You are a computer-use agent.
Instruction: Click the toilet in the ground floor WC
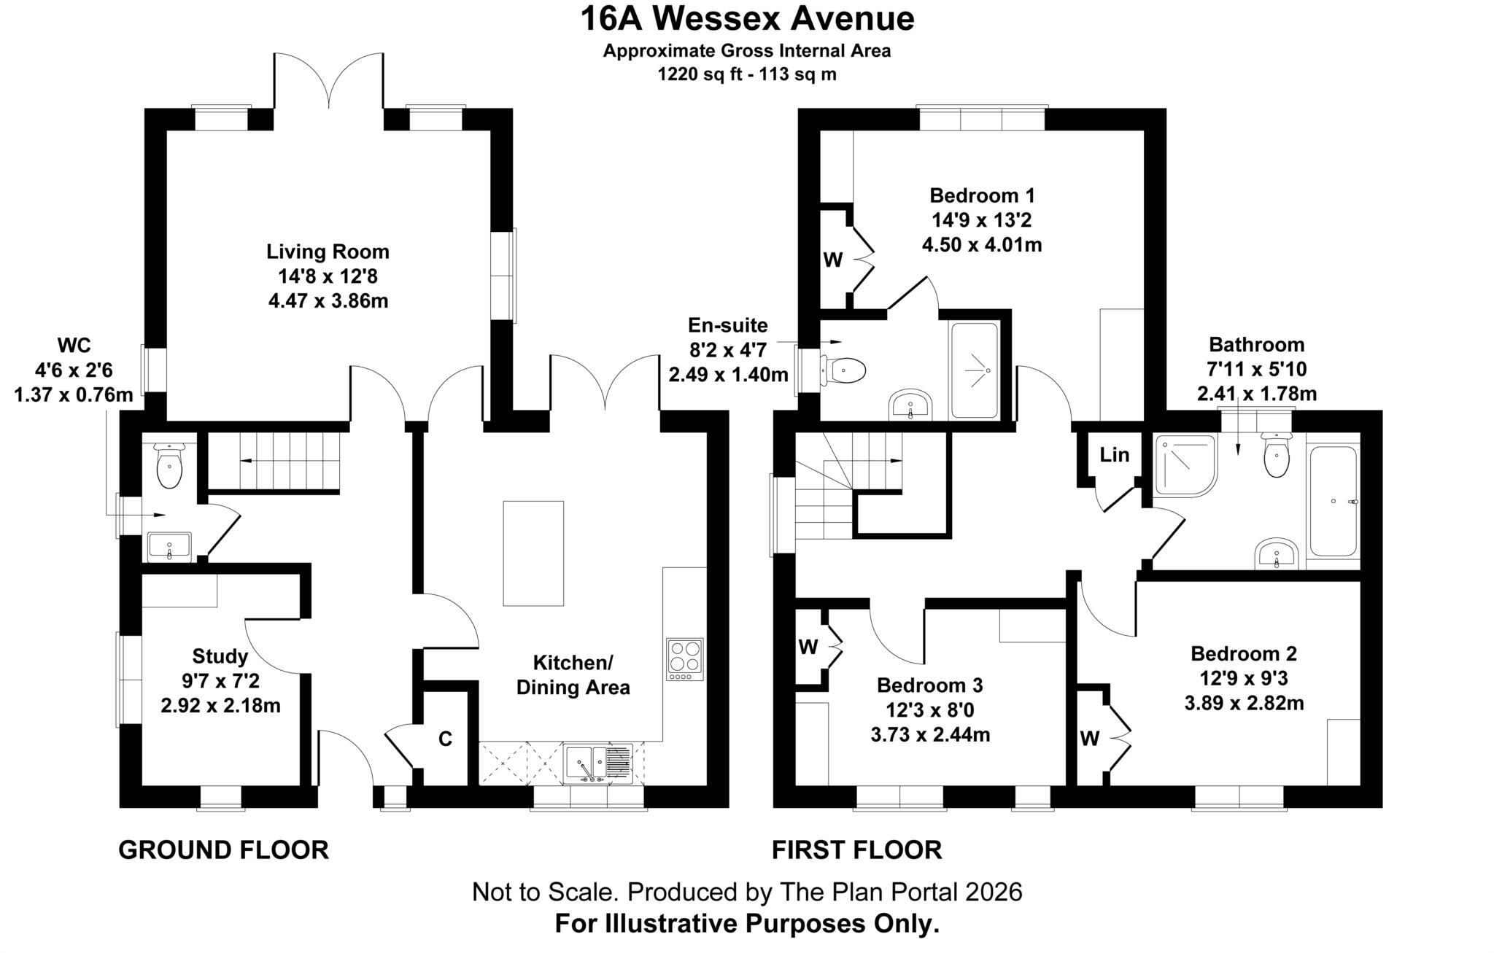[x=169, y=467]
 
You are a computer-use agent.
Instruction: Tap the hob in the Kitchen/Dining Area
[x=685, y=659]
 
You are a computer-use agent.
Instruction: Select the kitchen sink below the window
[x=598, y=763]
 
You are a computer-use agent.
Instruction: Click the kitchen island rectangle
[x=533, y=553]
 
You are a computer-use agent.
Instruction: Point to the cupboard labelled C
[x=445, y=739]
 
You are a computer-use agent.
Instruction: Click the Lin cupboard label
[x=1114, y=455]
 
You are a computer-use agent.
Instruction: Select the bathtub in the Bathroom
[x=1333, y=501]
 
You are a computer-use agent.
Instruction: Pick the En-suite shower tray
[x=974, y=370]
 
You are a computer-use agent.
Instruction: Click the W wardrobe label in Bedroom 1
[x=833, y=260]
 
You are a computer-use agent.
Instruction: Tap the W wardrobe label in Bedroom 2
[x=1089, y=739]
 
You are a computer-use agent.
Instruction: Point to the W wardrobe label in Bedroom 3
[x=808, y=647]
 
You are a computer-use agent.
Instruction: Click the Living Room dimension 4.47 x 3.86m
[x=328, y=300]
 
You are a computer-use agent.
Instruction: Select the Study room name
[x=220, y=656]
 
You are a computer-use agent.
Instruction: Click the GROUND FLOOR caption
[x=223, y=850]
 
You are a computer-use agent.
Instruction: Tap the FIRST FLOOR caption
[x=856, y=850]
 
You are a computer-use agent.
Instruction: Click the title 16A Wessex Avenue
[x=746, y=19]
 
